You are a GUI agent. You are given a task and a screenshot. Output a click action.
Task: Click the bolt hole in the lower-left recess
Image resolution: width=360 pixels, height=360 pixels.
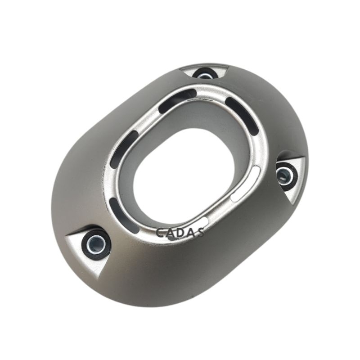96,243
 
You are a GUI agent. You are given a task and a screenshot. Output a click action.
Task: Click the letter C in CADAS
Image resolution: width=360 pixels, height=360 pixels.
160,232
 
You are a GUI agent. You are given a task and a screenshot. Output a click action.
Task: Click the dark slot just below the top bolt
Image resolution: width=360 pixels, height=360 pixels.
177,101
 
